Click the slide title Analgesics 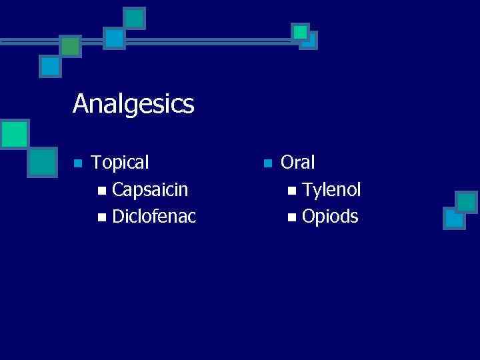click(x=133, y=104)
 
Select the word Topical click(x=120, y=162)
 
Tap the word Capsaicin click(x=150, y=190)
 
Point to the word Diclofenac click(x=154, y=216)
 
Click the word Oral click(x=298, y=162)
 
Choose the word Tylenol click(x=331, y=190)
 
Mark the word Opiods click(x=330, y=216)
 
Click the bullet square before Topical click(x=78, y=163)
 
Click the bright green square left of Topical click(x=14, y=133)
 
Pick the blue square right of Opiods click(x=454, y=218)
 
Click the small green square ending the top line click(x=301, y=31)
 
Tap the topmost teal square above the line click(x=135, y=18)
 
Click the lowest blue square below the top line click(x=50, y=66)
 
